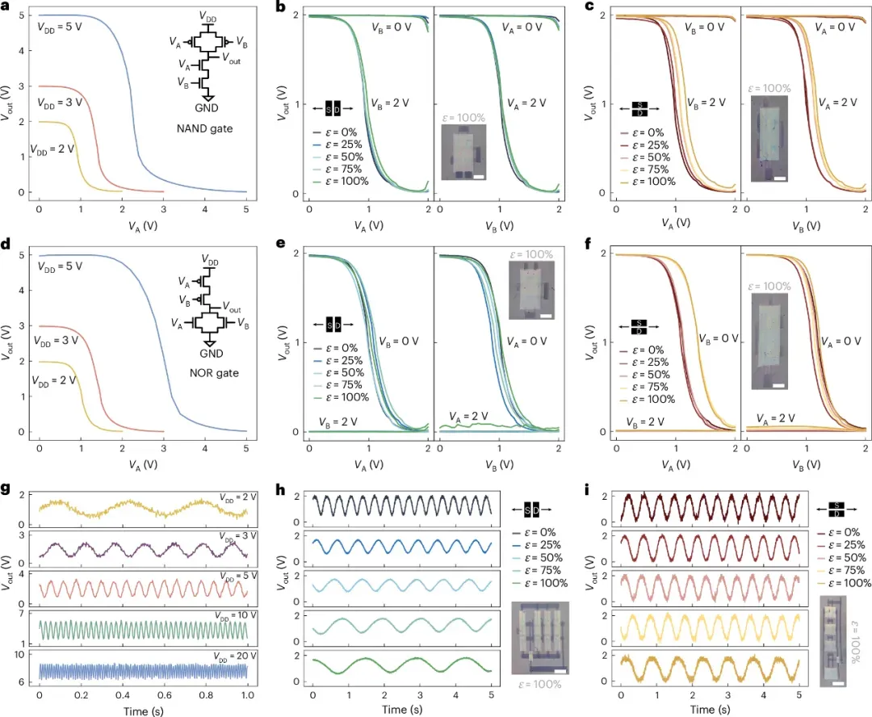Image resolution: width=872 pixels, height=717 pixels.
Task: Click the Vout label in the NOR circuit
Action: pyautogui.click(x=230, y=309)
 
